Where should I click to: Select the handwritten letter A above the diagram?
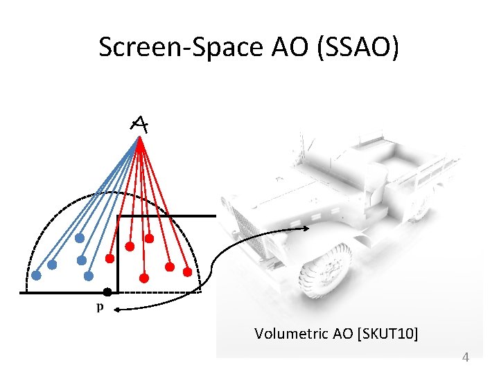click(x=139, y=124)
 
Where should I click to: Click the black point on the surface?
click(x=107, y=292)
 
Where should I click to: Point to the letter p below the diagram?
click(x=100, y=307)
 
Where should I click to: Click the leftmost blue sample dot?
click(x=37, y=274)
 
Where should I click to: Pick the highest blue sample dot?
click(x=80, y=238)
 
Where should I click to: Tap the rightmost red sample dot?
click(x=186, y=272)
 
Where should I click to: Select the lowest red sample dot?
click(x=144, y=278)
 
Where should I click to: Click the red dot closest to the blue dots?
click(x=110, y=258)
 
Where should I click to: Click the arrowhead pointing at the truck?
click(x=306, y=228)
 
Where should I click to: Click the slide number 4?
click(x=465, y=357)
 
